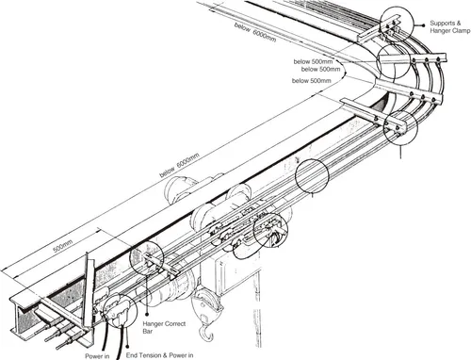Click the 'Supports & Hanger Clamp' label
click(x=449, y=26)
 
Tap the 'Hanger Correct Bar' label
click(x=164, y=327)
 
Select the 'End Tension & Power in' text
click(x=159, y=355)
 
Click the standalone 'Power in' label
click(x=97, y=356)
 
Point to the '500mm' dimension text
click(x=63, y=246)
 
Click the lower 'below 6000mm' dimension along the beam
click(x=179, y=165)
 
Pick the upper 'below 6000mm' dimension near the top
click(x=255, y=32)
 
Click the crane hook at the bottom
click(x=205, y=333)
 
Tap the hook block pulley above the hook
click(x=205, y=304)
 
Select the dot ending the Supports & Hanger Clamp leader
click(x=424, y=25)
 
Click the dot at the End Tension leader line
click(x=127, y=346)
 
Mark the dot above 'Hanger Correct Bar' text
click(x=147, y=313)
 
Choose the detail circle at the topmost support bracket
click(x=380, y=25)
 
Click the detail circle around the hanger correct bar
click(x=130, y=258)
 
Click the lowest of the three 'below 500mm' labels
click(x=312, y=81)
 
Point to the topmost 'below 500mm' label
click(x=313, y=61)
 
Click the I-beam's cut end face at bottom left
click(x=22, y=318)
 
